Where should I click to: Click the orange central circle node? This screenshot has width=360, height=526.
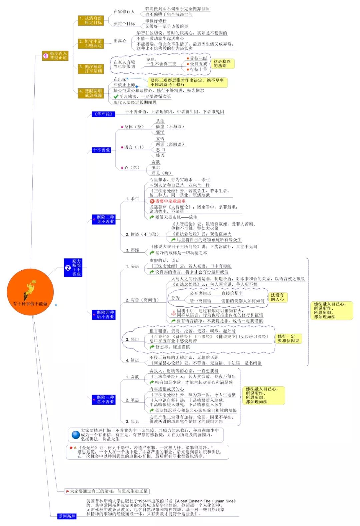[x=30, y=292]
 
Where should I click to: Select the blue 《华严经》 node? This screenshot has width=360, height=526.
[x=103, y=114]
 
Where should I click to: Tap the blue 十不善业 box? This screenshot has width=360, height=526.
[x=101, y=150]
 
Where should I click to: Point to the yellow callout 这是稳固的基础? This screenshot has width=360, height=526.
[x=222, y=63]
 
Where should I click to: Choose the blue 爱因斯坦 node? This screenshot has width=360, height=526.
[x=67, y=516]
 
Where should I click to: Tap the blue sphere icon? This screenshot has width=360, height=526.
[x=76, y=435]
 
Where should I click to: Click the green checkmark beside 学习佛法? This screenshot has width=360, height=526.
[x=116, y=96]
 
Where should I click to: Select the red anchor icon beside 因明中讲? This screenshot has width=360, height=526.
[x=173, y=313]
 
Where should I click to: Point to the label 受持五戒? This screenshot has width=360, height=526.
[x=198, y=64]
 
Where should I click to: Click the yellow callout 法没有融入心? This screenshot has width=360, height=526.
[x=277, y=297]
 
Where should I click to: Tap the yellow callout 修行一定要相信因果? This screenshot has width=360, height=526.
[x=288, y=338]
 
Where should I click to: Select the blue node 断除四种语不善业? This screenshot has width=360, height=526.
[x=104, y=315]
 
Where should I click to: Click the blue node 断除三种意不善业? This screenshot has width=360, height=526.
[x=104, y=400]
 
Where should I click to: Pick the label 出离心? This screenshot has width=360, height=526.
[x=120, y=41]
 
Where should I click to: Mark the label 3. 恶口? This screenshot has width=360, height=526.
[x=132, y=339]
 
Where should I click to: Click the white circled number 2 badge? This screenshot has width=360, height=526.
[x=68, y=268]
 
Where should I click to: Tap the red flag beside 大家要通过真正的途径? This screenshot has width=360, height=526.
[x=67, y=491]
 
